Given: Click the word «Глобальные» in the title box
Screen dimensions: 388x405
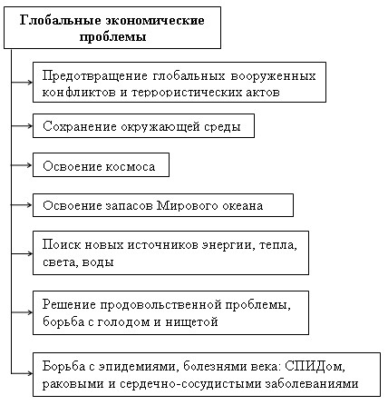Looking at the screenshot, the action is click(60, 21).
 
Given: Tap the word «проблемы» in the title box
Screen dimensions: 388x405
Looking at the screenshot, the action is click(112, 37).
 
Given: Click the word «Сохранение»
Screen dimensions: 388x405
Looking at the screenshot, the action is click(80, 126).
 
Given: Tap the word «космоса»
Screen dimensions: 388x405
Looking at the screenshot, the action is click(131, 167).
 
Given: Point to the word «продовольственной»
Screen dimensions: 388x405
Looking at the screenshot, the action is click(161, 305).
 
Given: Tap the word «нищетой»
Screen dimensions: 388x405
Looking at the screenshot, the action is click(191, 321).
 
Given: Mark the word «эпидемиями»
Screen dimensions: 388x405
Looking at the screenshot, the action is click(137, 367).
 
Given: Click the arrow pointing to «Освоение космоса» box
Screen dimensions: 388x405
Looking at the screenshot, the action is click(22, 165).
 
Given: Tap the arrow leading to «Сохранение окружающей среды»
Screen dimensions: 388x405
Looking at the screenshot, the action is click(22, 125).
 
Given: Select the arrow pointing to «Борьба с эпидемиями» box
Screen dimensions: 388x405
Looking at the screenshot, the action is click(22, 373).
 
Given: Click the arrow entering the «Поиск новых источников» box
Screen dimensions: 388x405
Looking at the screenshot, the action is click(22, 253).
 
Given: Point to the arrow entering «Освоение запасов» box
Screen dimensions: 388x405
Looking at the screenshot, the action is click(22, 205).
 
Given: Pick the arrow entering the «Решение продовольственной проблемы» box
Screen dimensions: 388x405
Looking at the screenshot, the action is click(22, 312).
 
